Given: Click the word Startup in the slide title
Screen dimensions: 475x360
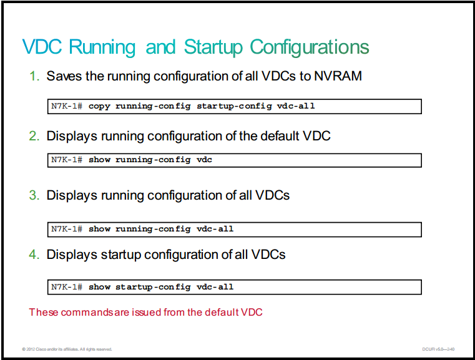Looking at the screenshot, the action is (x=213, y=48).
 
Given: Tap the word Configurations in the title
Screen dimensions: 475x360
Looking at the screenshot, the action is (x=310, y=48).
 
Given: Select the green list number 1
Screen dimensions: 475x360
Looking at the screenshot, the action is (x=34, y=76).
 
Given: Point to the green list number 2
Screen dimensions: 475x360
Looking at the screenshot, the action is (x=34, y=136).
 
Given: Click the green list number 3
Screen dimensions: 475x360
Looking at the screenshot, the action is (x=34, y=195).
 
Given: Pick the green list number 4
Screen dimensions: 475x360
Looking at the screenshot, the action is (x=34, y=255).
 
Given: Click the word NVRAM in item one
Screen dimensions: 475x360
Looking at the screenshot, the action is (x=338, y=76).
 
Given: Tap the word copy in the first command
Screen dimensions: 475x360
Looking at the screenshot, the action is (x=99, y=106).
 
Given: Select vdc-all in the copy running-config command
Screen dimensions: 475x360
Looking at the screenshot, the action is (x=296, y=106).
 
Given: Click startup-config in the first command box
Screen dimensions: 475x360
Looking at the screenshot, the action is (x=234, y=106).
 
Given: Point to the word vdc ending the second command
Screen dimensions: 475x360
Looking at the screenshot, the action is (x=205, y=160).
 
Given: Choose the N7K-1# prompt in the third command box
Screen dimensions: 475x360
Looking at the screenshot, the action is (x=67, y=229).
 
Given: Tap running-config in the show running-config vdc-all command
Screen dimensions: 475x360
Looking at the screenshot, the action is (x=153, y=229).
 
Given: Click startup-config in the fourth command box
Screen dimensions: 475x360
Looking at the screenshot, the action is (x=153, y=287).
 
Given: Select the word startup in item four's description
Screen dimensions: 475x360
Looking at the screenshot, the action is (x=121, y=255).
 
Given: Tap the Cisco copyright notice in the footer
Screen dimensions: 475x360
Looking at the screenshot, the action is (x=67, y=349).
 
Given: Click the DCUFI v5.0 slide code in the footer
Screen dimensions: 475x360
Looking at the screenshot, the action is (x=438, y=349).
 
